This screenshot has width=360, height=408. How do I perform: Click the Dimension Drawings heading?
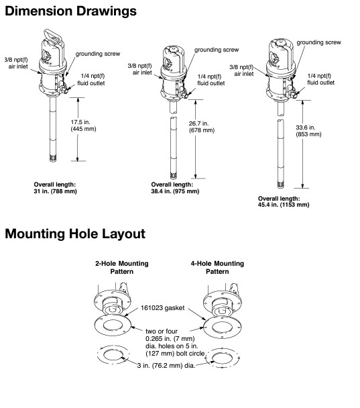(70, 11)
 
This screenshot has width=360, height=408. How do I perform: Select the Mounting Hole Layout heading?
(75, 234)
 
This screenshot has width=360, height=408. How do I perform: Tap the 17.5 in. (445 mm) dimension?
(83, 125)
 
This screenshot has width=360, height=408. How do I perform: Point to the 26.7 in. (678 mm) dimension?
(202, 127)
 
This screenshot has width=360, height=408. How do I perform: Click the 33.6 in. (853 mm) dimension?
(308, 131)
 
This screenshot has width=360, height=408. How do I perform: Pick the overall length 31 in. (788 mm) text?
(56, 188)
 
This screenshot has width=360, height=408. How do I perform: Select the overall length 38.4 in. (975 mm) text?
(175, 188)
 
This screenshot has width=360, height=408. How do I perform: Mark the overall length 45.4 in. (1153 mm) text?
(284, 202)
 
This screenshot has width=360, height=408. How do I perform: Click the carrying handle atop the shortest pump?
(54, 36)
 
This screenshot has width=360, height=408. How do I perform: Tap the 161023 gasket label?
(163, 308)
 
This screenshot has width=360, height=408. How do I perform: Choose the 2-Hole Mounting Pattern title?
(122, 268)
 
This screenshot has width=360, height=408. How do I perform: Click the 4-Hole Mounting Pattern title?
(218, 268)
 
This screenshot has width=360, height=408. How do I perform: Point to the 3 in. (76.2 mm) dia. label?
(166, 365)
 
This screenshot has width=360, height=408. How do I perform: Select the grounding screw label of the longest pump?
(318, 42)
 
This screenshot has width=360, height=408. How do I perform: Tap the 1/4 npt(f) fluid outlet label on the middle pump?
(211, 80)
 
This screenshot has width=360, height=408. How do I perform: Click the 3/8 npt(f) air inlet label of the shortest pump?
(16, 63)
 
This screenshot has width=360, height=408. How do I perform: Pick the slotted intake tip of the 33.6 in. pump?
(280, 185)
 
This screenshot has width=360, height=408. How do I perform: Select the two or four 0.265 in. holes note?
(175, 342)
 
